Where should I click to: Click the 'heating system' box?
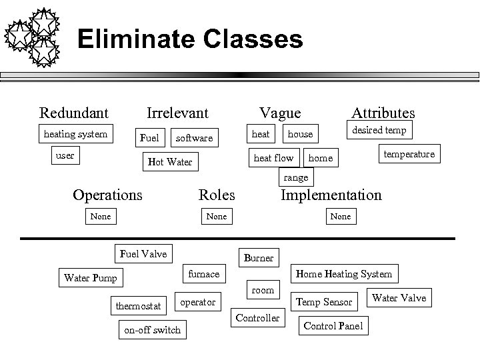75,134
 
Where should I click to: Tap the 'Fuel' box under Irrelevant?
149,137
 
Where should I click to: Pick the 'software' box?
194,137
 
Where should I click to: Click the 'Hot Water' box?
169,161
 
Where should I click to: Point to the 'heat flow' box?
273,158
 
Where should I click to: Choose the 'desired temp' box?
379,130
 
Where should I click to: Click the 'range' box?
296,177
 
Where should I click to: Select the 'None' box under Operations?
100,216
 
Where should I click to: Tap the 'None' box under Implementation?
340,216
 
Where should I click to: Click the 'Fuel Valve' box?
143,253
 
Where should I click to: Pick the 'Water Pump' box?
90,278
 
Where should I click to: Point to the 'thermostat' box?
138,306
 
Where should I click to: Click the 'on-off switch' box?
152,330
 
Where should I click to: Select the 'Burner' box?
258,257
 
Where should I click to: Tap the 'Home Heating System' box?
343,273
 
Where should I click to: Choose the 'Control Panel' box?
333,326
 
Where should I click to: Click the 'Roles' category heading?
217,195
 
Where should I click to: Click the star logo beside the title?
33,35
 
